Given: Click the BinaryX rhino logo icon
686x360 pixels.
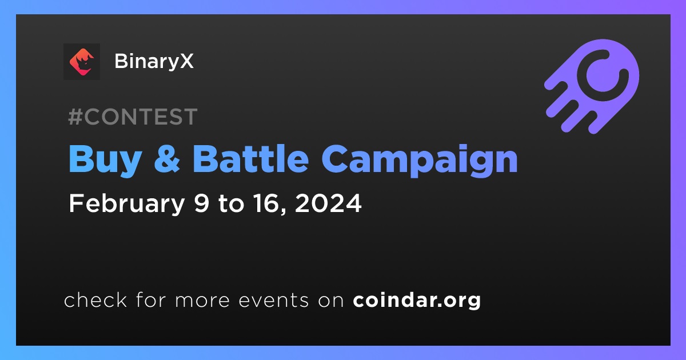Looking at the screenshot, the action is (81, 62).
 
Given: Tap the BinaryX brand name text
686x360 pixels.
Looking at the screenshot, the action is (154, 61).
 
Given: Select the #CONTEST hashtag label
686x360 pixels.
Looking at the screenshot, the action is (133, 117).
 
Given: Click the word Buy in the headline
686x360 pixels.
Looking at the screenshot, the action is (105, 161).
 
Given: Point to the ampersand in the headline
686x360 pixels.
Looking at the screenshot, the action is (167, 159).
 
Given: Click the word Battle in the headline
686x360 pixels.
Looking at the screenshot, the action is (251, 159).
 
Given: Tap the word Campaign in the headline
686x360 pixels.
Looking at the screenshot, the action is (420, 161).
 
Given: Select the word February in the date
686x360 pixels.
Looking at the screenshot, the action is (127, 203).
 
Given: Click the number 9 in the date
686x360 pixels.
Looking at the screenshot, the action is (201, 203).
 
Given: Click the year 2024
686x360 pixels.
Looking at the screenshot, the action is (328, 203).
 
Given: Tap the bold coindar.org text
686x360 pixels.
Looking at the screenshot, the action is (417, 301).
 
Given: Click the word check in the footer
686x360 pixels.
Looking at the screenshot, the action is (95, 299).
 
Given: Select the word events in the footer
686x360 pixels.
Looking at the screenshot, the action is (274, 301).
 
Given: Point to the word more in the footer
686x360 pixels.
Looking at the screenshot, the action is (202, 301).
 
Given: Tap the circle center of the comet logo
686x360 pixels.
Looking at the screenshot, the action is (603, 75).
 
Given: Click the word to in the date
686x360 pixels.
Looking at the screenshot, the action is (231, 204).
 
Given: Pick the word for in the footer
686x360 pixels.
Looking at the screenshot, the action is (151, 299).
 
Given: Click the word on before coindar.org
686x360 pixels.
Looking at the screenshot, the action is (331, 301).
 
